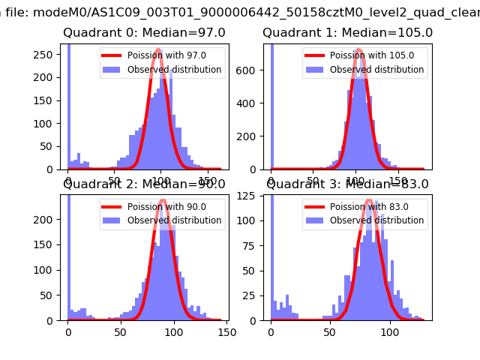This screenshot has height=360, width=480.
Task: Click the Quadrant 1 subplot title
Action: tap(347, 33)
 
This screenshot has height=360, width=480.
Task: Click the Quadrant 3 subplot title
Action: tap(347, 184)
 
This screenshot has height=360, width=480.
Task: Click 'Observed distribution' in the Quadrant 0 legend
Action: tap(174, 70)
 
